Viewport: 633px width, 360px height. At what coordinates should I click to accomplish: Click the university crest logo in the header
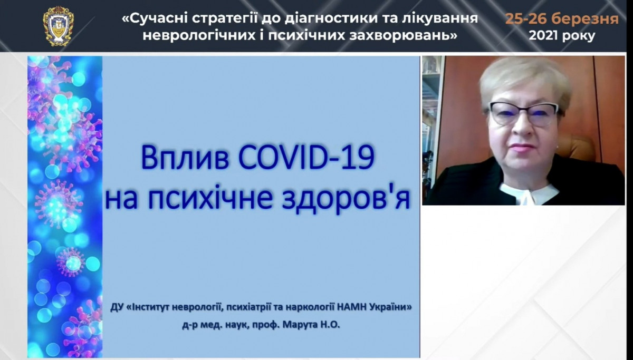pyautogui.click(x=59, y=26)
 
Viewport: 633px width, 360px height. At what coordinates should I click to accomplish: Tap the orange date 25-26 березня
pyautogui.click(x=562, y=19)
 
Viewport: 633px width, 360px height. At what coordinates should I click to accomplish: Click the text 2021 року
pyautogui.click(x=562, y=36)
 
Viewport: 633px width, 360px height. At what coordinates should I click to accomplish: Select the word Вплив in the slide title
pyautogui.click(x=185, y=158)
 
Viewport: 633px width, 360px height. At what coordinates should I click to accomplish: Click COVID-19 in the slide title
pyautogui.click(x=306, y=157)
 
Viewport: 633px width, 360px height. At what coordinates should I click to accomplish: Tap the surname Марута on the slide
pyautogui.click(x=300, y=325)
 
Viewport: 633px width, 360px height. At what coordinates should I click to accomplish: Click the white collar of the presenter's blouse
pyautogui.click(x=528, y=192)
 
